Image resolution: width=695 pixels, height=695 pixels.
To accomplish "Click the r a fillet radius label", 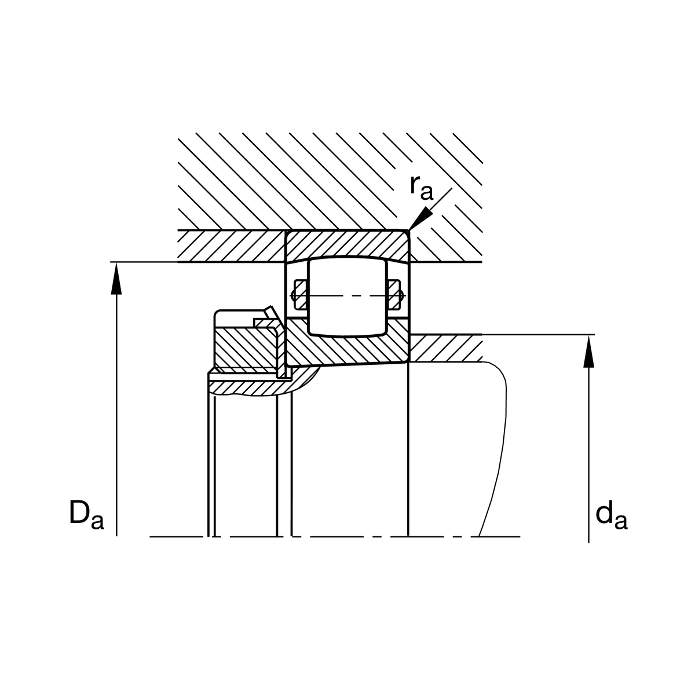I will click(422, 186).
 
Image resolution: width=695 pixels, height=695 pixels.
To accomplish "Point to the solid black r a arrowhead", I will click(419, 221).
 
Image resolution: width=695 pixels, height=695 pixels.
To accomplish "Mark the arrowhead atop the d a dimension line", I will click(588, 350).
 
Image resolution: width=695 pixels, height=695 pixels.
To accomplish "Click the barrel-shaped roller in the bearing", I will click(347, 297).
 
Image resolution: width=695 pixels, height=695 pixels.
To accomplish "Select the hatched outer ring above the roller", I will click(348, 244).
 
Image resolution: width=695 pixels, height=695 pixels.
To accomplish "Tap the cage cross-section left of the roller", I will click(299, 295).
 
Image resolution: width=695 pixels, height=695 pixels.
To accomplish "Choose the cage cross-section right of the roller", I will click(396, 295).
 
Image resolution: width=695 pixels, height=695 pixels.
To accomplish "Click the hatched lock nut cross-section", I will click(243, 348).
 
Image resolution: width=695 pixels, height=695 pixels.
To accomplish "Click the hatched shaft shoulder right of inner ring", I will click(446, 348).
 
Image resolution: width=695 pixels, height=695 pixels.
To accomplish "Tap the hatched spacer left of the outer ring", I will click(232, 246).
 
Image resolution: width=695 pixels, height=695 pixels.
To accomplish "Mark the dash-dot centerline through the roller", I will click(348, 296).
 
